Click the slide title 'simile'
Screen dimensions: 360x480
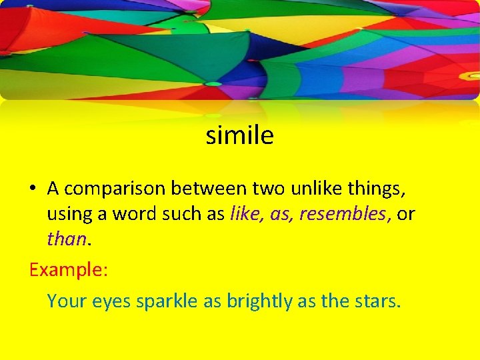point(240,135)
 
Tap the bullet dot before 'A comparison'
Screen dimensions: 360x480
point(33,189)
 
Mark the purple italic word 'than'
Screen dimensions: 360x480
point(66,239)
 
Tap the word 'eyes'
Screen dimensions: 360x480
point(111,302)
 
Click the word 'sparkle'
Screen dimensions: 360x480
point(167,301)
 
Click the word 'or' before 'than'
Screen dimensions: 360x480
point(406,214)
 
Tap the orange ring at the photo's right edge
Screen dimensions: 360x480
point(470,75)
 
